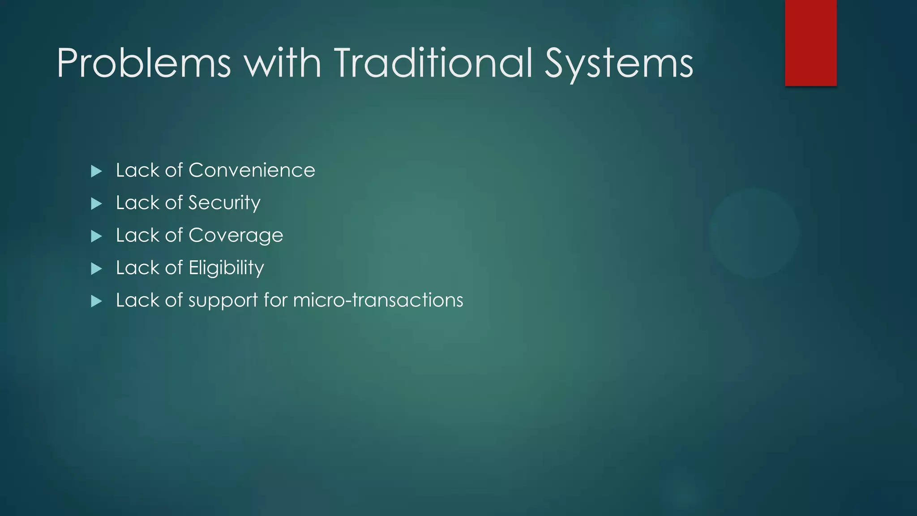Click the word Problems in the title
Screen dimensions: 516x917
click(144, 64)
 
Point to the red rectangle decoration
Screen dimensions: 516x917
click(810, 43)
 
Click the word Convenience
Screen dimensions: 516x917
click(252, 171)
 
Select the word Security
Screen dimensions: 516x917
click(224, 203)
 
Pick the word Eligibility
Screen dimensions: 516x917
click(226, 268)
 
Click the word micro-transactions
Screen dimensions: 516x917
click(378, 301)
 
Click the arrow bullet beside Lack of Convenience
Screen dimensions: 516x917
click(96, 171)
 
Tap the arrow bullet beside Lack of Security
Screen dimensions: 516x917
click(96, 204)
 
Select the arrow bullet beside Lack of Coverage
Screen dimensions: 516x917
click(96, 236)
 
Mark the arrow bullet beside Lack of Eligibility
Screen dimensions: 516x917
click(96, 269)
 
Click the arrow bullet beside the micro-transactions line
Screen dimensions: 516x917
click(96, 301)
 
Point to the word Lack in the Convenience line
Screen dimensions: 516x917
click(137, 171)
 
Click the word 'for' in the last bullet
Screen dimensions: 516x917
click(275, 301)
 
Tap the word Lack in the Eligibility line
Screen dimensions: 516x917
click(137, 268)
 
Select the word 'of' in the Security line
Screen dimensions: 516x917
click(174, 203)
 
